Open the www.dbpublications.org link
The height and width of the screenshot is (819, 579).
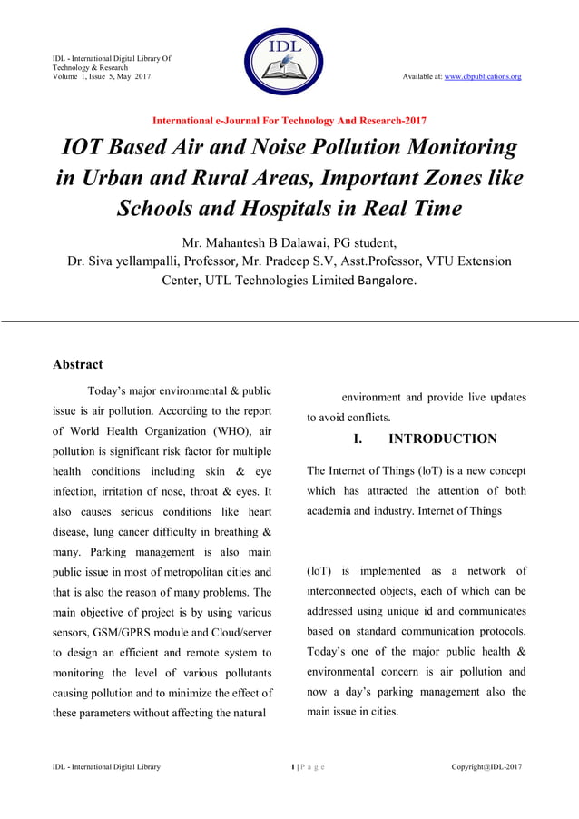pos(482,76)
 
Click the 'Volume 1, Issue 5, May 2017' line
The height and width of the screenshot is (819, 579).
pos(101,76)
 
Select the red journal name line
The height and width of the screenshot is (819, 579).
pos(289,120)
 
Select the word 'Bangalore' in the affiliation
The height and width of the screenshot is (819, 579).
pos(387,281)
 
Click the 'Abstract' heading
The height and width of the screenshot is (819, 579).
pos(77,364)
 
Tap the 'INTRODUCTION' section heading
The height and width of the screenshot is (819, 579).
pos(442,439)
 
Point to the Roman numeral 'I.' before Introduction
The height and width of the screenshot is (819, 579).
pos(358,439)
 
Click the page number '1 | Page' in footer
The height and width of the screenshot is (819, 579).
pos(307,767)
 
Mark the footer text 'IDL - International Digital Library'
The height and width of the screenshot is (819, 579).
pos(106,767)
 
